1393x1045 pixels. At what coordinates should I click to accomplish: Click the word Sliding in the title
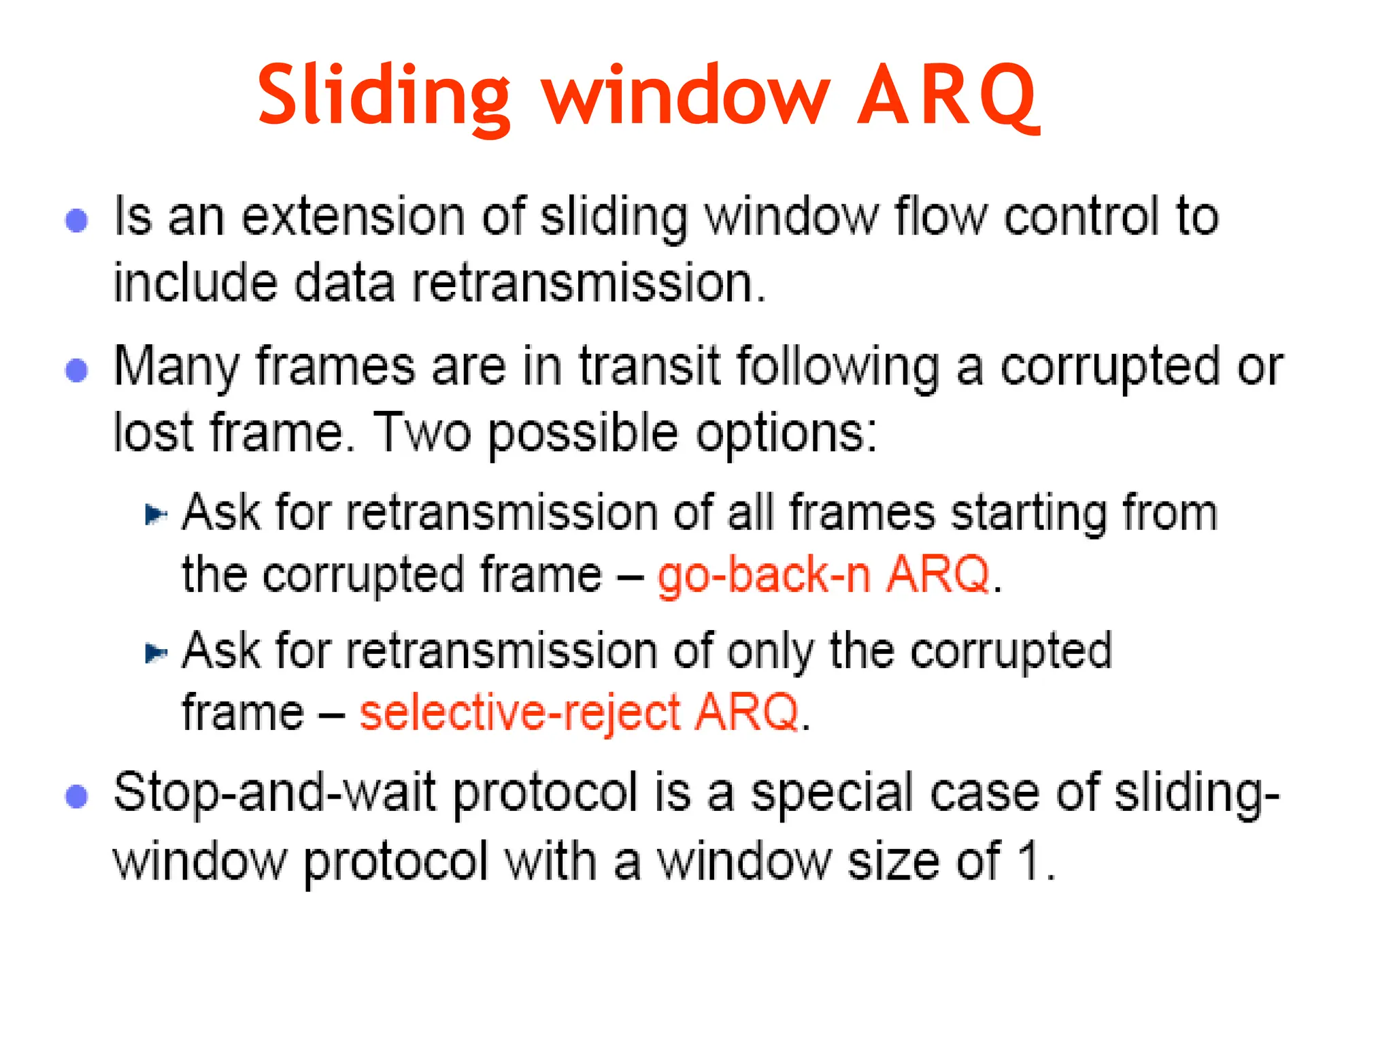click(383, 95)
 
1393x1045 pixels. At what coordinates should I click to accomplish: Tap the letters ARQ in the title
click(947, 95)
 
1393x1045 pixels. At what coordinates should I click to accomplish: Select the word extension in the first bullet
click(353, 216)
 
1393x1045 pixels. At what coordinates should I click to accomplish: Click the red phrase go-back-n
click(763, 575)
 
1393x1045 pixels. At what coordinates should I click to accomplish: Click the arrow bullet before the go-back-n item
click(156, 514)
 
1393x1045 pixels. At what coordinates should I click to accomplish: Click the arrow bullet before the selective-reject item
click(156, 653)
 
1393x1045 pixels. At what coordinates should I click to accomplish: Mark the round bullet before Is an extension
click(77, 220)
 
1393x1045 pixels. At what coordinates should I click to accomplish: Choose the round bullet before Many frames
click(77, 371)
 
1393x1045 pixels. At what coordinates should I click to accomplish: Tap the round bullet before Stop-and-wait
click(77, 796)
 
